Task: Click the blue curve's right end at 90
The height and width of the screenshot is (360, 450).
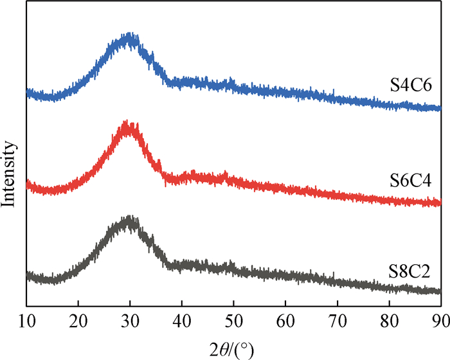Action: point(440,109)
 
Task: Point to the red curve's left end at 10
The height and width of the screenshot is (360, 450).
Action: point(27,187)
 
